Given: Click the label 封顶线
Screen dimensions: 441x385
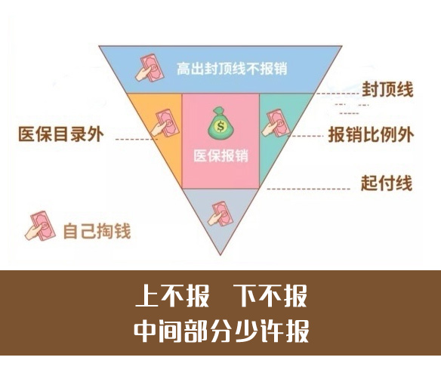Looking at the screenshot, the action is (x=387, y=90).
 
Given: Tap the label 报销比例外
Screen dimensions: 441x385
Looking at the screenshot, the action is (x=371, y=134).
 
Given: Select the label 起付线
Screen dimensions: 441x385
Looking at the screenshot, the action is (x=387, y=183).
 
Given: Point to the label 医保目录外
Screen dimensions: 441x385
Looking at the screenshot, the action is (x=61, y=134).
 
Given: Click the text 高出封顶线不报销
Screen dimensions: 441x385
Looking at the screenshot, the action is (x=232, y=69).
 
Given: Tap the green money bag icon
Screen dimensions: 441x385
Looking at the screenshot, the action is (x=220, y=123).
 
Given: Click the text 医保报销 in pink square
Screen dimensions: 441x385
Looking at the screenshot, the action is (x=220, y=156).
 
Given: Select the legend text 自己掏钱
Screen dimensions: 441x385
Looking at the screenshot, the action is (x=97, y=231).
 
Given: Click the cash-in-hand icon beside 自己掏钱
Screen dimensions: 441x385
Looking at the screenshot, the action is (x=40, y=226).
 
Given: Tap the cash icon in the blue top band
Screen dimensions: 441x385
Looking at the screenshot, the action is (x=150, y=68).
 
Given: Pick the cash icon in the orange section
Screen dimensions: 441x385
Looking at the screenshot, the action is (x=165, y=123).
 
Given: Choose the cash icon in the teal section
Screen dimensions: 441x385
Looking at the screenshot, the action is (x=276, y=123).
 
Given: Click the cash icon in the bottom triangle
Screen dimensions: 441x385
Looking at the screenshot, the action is (x=220, y=214).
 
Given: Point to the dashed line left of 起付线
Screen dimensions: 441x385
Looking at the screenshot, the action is (x=309, y=189).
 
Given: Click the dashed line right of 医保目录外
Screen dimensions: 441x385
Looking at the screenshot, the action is (x=137, y=139).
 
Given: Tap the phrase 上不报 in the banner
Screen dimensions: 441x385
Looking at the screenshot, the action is (x=172, y=296).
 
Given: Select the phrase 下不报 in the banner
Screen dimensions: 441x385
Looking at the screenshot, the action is (x=270, y=296).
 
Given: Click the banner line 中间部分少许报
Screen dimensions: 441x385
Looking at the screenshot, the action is (x=221, y=331).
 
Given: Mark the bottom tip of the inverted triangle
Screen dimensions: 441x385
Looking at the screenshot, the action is (x=220, y=255).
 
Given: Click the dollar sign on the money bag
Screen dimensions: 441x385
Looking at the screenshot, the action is (x=220, y=127).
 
